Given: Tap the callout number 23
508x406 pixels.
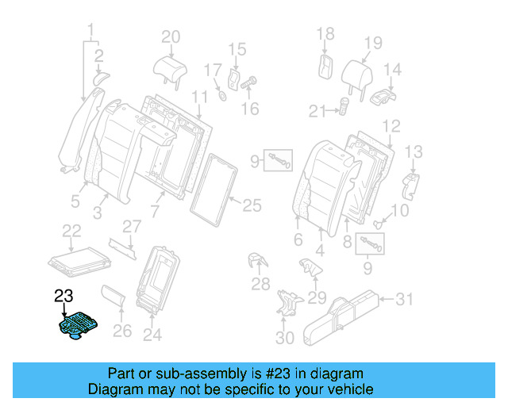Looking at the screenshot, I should coord(63,296).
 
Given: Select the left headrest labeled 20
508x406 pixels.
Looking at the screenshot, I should coord(169,63).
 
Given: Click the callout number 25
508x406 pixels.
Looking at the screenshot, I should coord(251,207).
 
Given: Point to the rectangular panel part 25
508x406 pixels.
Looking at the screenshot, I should coord(214,187).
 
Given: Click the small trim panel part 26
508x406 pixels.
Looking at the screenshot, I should coord(114,300).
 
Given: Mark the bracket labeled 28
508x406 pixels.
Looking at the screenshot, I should coord(256,263).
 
